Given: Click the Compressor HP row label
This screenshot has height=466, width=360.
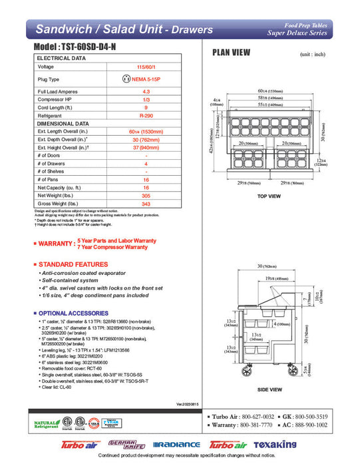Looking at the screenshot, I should coord(55,99).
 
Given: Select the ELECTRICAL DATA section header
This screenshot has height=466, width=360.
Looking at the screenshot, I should coord(62,58).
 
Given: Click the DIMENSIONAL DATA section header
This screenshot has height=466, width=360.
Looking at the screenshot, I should coord(64,123).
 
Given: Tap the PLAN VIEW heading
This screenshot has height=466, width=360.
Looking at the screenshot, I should coord(232,53).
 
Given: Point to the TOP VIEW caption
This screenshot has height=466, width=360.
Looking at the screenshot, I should coord(270,196).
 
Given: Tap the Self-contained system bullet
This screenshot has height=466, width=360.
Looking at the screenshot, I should coord(71,280).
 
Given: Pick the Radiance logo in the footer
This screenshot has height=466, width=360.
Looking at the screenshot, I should coord(176,445).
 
